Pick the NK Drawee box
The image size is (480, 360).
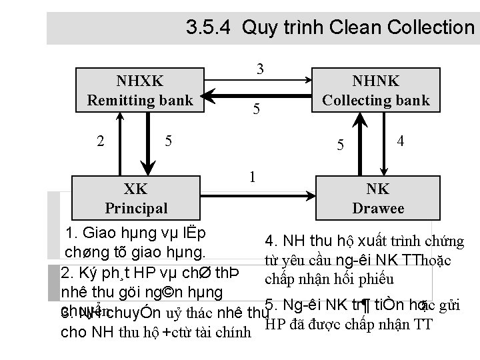(378, 198)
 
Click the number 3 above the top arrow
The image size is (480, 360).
(261, 69)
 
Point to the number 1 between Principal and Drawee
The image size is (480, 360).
(251, 177)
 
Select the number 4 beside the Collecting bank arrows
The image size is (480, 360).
(400, 141)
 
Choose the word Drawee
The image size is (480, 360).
(378, 209)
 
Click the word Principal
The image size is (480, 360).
(136, 208)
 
